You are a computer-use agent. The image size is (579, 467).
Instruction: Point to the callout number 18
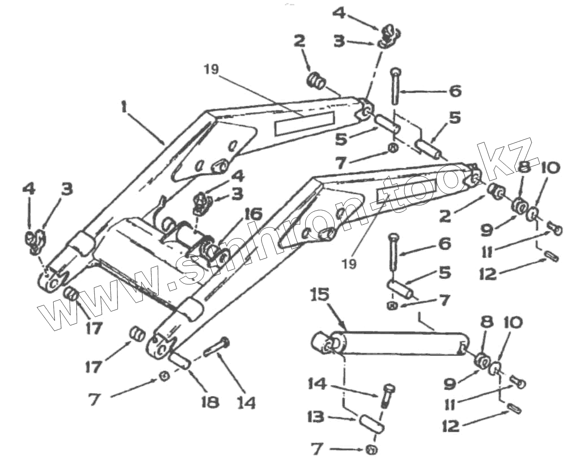coord(209,402)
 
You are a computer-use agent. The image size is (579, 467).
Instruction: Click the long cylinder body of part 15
coord(399,343)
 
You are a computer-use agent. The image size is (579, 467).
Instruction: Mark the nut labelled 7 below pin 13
coord(372,450)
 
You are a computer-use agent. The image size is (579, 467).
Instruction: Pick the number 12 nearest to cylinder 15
coord(451,426)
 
